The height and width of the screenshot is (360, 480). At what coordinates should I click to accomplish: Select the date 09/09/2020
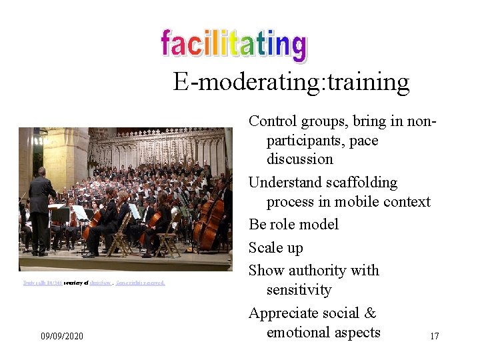coord(62,336)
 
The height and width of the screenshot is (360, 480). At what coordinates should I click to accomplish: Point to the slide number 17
coord(434,336)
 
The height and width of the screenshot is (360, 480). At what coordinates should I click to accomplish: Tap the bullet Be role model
coord(293,225)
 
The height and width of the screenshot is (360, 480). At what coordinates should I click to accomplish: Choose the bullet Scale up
coord(276,248)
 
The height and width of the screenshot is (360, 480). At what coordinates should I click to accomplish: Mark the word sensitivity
coord(299,289)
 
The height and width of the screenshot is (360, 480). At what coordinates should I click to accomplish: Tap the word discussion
coord(299,159)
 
